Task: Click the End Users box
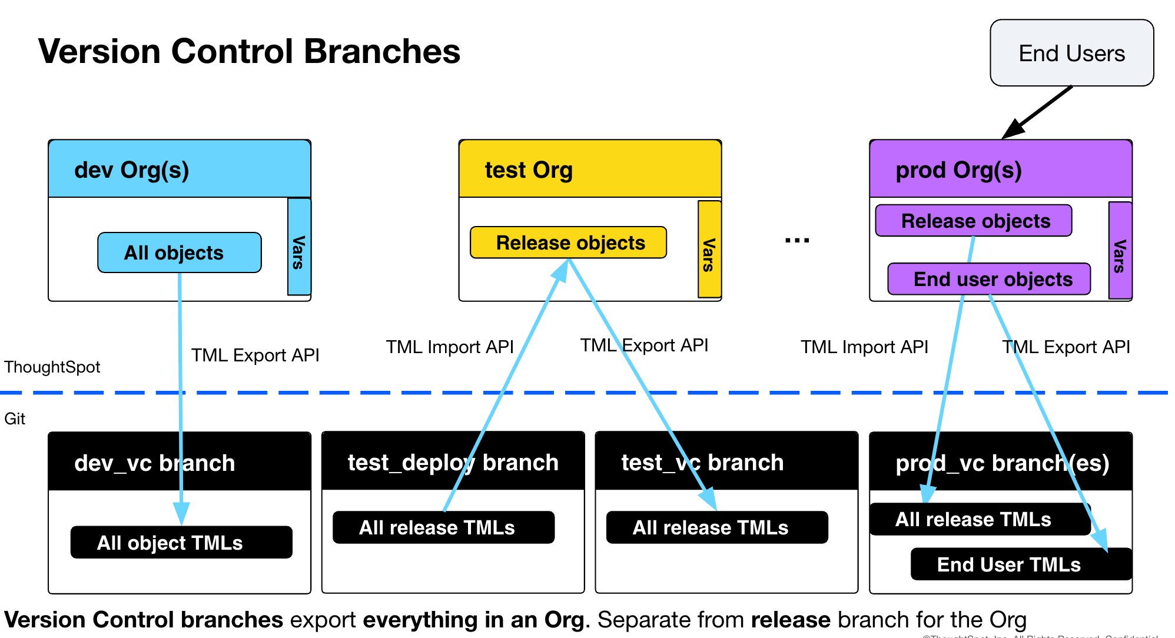point(1071,53)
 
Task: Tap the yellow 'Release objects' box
point(568,242)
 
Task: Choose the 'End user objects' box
point(989,279)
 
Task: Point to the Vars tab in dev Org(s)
point(299,247)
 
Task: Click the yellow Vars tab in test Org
point(709,250)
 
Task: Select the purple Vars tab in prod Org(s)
point(1120,251)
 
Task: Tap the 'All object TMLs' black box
point(181,542)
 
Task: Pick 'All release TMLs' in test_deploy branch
point(443,527)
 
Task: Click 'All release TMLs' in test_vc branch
point(716,527)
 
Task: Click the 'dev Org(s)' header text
point(131,170)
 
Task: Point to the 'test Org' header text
point(528,170)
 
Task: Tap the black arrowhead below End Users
point(1011,131)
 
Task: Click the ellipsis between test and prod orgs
point(796,240)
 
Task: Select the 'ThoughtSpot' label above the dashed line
point(52,367)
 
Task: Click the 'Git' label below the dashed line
point(15,418)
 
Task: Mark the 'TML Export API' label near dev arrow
point(255,355)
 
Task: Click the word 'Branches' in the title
point(381,51)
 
